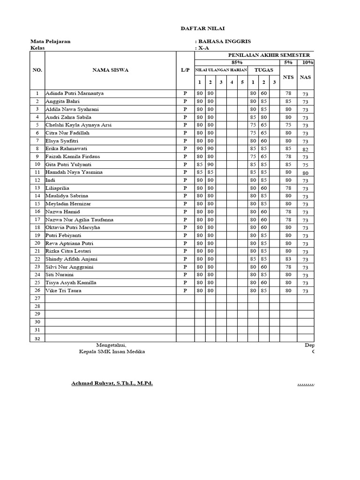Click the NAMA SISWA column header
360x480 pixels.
110,70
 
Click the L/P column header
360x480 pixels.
185,70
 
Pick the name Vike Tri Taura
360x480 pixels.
63,291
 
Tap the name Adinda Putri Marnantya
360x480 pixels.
74,93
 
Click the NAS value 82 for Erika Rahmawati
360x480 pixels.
306,149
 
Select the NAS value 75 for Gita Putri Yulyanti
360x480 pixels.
306,165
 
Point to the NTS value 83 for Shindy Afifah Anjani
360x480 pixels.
288,259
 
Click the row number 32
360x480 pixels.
37,338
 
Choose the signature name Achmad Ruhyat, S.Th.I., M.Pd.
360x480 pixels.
112,383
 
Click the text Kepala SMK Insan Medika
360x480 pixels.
112,352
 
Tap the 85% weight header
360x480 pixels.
237,62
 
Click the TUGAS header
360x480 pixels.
263,70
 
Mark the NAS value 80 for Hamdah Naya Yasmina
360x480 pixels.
306,173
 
